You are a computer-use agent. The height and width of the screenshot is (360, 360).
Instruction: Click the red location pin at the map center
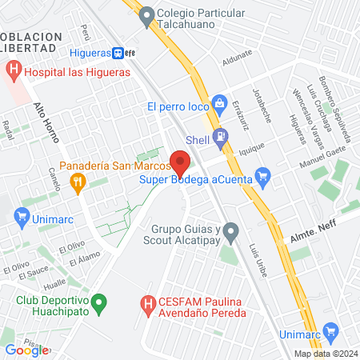point(180,162)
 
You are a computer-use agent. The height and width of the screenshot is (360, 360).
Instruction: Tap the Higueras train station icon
point(118,53)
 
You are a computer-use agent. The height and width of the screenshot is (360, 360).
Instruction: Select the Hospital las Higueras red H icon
point(13,71)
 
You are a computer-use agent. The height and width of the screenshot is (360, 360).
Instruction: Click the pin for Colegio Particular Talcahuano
point(146,14)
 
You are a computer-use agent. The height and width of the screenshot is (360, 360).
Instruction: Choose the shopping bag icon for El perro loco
point(219,104)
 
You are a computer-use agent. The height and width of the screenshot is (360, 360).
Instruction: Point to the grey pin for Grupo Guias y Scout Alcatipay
point(231,233)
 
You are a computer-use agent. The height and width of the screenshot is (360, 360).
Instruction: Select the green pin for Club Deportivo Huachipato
point(98,303)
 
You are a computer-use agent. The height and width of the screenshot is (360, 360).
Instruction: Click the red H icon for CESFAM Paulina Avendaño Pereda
point(147,304)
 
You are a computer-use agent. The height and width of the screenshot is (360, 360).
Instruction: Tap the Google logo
point(26,350)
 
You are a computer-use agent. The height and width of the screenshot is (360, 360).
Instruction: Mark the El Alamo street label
point(82,260)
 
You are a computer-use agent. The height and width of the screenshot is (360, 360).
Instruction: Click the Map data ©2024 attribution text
point(324,354)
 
